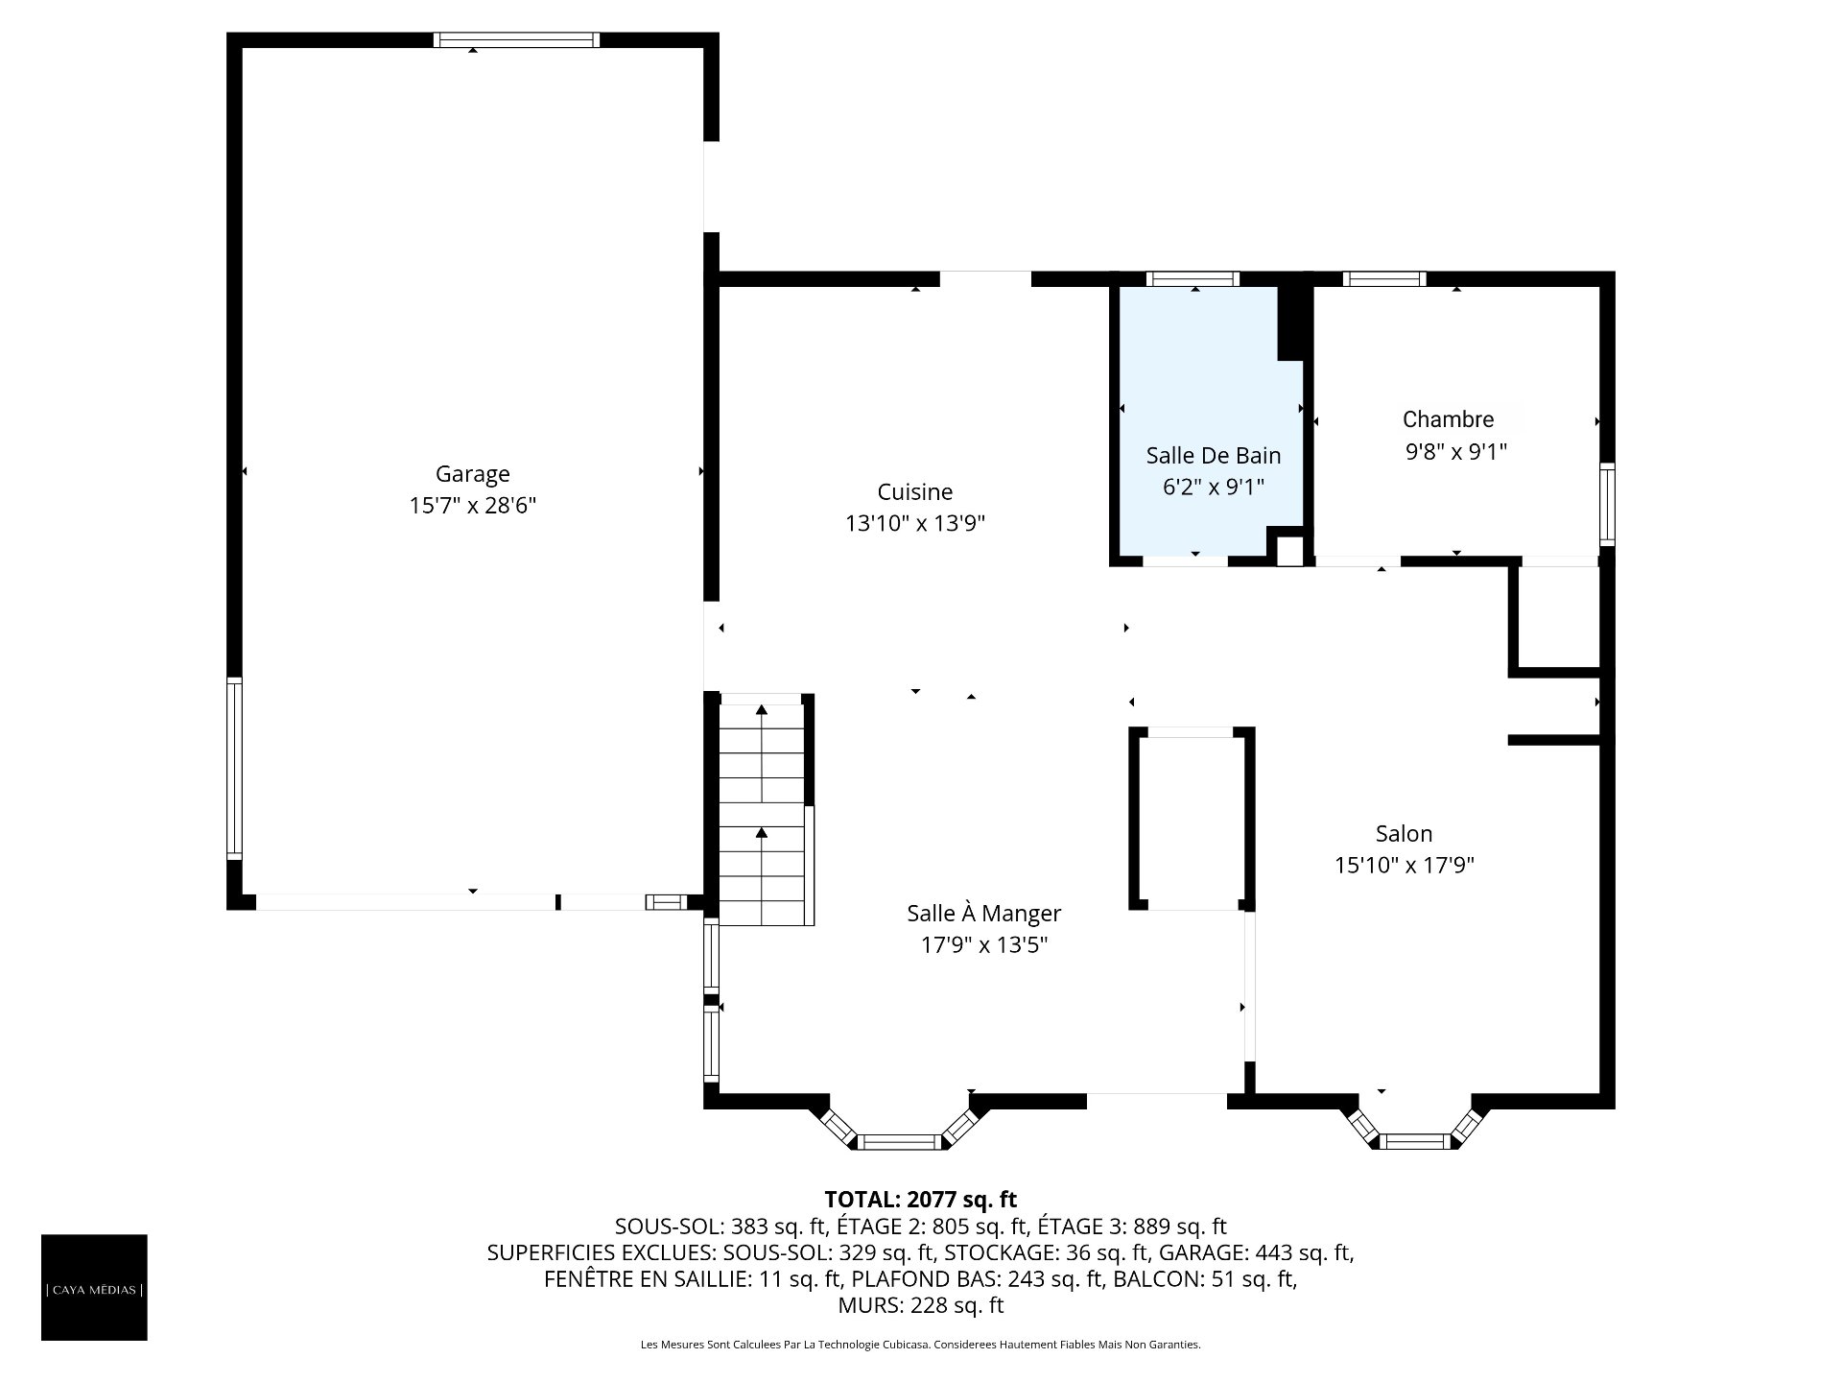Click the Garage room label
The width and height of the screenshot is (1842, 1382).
pos(472,473)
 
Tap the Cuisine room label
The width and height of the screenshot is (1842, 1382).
pos(915,491)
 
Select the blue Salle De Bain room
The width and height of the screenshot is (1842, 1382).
pos(1212,422)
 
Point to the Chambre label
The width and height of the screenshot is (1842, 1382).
pos(1448,418)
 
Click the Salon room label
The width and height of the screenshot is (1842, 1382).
pos(1404,833)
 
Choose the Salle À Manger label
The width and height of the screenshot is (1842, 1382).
pos(984,913)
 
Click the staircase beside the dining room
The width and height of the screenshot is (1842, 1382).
pos(763,809)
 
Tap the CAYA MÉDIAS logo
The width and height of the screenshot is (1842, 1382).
pos(94,1287)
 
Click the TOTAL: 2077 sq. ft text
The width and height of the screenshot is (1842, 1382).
pos(921,1199)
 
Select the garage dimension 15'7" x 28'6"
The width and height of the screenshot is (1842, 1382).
pos(472,505)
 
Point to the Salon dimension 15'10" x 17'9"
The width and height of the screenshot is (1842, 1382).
pos(1404,865)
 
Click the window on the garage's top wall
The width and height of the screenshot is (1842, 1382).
pos(516,39)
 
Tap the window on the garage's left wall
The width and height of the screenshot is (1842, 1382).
pos(234,768)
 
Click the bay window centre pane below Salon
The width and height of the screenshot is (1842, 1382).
pos(1416,1141)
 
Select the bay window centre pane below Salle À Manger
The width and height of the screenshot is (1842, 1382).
pos(898,1141)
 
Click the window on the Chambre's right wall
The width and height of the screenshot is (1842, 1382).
pos(1607,505)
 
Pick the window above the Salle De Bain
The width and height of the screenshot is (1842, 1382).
pos(1193,279)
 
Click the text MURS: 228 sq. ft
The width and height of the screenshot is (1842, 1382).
pos(921,1305)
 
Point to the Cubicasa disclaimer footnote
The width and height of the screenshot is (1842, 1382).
pos(921,1345)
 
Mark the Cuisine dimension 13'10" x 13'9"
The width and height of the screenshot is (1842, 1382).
pos(915,523)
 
